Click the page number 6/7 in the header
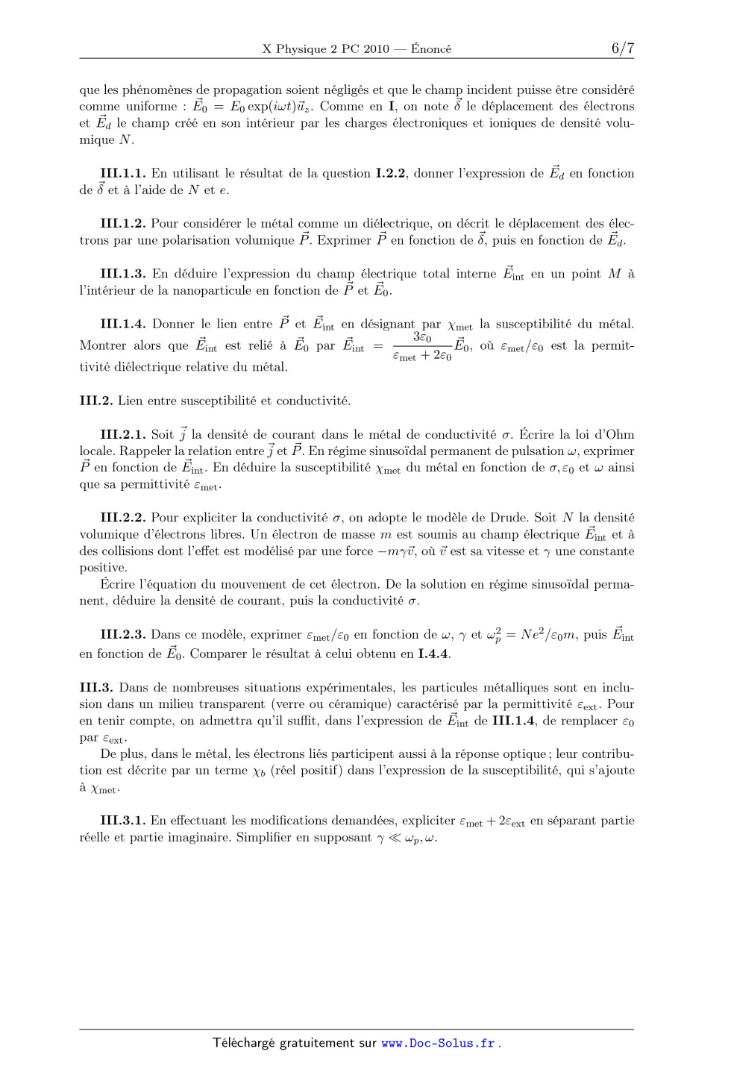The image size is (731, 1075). click(x=622, y=48)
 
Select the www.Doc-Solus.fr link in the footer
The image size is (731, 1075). click(x=438, y=1043)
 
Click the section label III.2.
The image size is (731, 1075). click(x=96, y=401)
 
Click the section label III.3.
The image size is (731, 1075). click(x=96, y=688)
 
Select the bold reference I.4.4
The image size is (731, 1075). click(x=433, y=654)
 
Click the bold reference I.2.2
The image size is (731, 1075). click(x=390, y=174)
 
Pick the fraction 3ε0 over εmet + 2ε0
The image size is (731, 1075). click(x=421, y=347)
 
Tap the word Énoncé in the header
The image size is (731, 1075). click(x=431, y=49)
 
